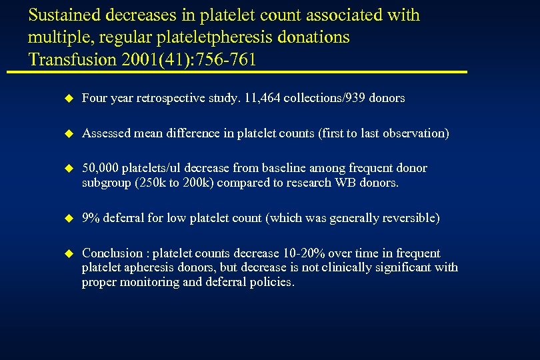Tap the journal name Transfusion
tap(70, 59)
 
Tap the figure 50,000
tap(100, 168)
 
